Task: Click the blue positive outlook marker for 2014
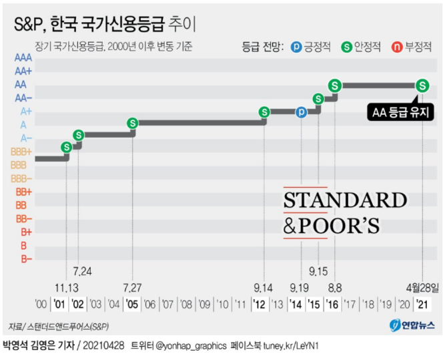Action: [301, 112]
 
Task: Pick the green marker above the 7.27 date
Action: [133, 123]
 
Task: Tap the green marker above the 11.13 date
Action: [66, 147]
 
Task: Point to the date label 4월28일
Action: [424, 287]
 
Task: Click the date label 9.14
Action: [264, 287]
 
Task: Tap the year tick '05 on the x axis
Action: [132, 305]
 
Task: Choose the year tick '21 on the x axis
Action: [422, 305]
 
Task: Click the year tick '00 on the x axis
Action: [41, 305]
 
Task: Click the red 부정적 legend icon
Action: [396, 47]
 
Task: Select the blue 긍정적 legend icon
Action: [297, 47]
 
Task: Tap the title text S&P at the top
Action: [34, 25]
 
